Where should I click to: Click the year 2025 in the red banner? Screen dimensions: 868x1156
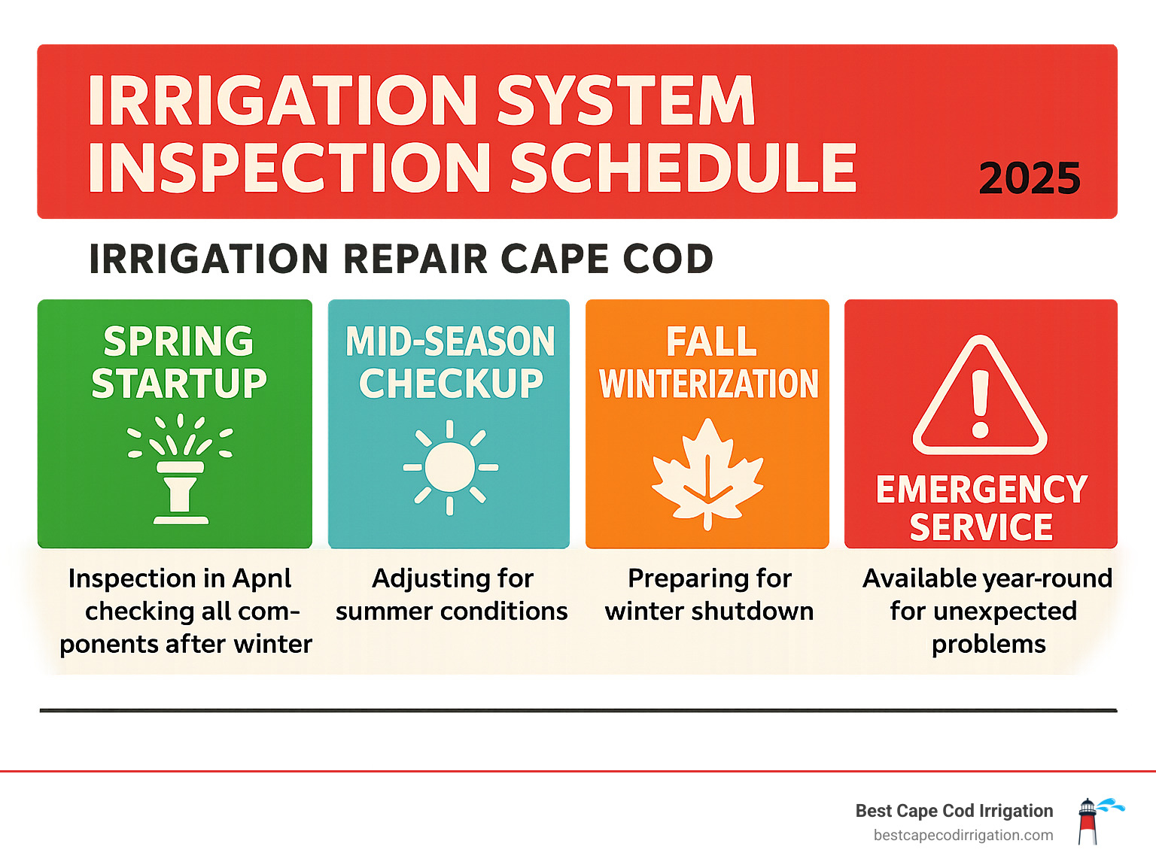click(x=1029, y=179)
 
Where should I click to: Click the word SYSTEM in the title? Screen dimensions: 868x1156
click(x=625, y=102)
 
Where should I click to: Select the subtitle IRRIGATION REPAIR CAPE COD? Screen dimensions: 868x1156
click(x=401, y=259)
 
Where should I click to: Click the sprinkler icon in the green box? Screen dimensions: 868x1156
click(x=181, y=469)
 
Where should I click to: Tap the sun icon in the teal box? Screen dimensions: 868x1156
click(x=450, y=467)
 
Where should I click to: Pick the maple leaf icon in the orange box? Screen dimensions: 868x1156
click(x=707, y=473)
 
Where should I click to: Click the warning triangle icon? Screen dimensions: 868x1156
click(x=980, y=398)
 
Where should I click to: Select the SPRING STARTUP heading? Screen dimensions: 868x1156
click(x=179, y=363)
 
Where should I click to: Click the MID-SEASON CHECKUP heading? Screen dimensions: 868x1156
click(x=450, y=363)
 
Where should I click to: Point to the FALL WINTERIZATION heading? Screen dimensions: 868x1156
click(x=709, y=363)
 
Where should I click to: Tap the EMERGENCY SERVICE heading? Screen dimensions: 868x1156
click(x=981, y=508)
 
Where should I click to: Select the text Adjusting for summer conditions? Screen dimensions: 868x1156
click(x=452, y=594)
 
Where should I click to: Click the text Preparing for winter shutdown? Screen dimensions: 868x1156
click(x=709, y=594)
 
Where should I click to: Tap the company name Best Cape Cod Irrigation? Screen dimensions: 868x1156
click(x=954, y=811)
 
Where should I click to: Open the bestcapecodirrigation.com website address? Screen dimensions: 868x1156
click(x=963, y=836)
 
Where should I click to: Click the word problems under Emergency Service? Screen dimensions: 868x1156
click(x=988, y=645)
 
